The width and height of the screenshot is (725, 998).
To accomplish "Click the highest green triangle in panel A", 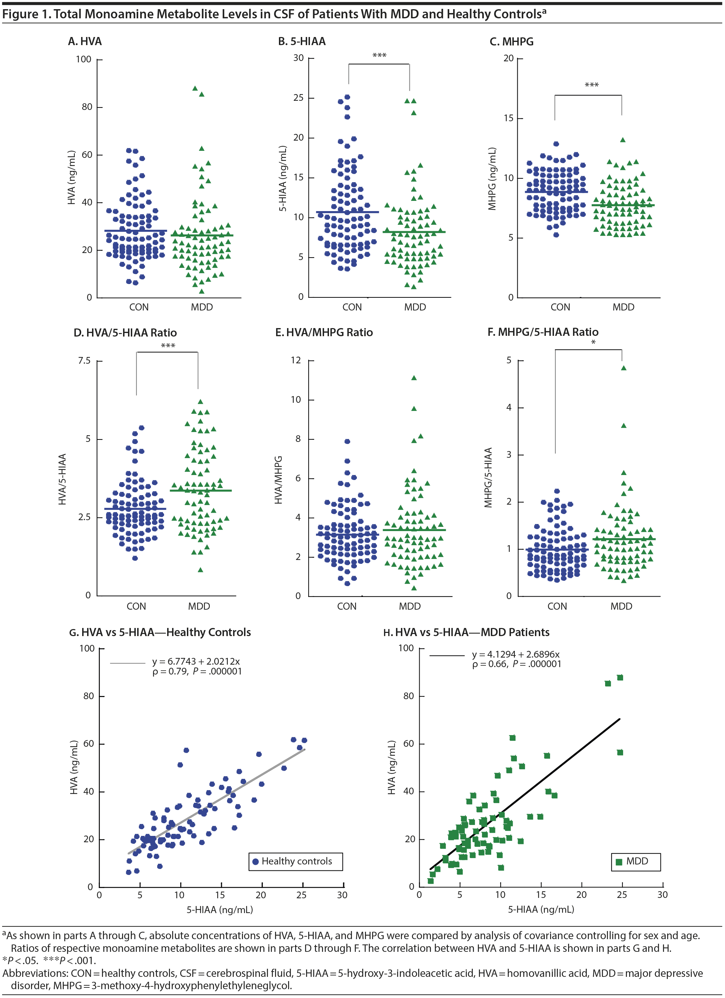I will click(195, 88).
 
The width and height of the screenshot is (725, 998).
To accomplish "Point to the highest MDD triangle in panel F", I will click(623, 368).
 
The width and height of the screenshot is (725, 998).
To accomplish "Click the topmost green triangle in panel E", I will click(414, 377).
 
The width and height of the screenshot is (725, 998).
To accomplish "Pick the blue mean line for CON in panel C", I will click(556, 192).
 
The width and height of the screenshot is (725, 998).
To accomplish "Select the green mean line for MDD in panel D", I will click(201, 490).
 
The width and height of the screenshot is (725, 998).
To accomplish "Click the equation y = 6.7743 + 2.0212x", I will click(196, 661).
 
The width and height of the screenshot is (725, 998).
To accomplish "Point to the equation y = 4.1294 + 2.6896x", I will click(516, 654).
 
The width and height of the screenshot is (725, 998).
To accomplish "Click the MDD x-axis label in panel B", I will click(415, 307).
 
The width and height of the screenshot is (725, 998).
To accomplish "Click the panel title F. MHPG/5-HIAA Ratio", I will click(543, 332).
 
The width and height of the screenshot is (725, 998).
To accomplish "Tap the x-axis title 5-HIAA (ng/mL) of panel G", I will click(220, 909).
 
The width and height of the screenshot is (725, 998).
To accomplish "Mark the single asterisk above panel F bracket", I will click(593, 342).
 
